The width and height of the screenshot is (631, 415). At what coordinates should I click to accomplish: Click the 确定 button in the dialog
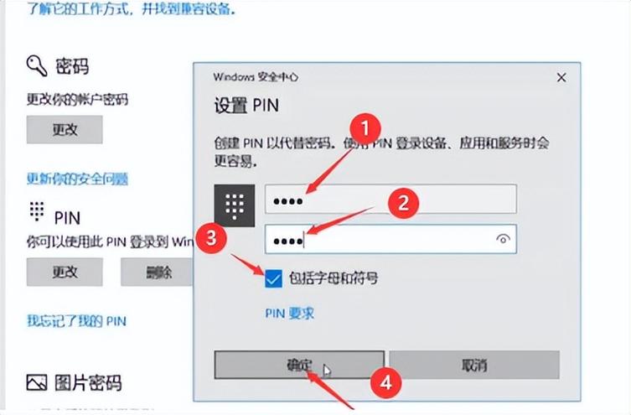click(298, 366)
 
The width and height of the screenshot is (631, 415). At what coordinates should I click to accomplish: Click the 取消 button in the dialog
click(473, 366)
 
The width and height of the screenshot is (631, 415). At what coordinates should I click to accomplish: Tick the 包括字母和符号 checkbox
click(273, 278)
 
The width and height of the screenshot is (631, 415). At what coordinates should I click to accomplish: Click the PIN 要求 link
click(289, 313)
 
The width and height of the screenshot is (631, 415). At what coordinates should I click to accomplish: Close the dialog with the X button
click(561, 76)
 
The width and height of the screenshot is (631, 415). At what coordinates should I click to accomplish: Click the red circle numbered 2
click(402, 202)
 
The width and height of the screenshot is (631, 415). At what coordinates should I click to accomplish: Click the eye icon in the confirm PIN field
click(503, 239)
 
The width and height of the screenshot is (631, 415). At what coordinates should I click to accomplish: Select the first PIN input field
click(390, 200)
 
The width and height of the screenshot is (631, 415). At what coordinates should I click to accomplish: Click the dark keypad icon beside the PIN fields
click(235, 204)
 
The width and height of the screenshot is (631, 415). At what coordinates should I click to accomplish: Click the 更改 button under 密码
click(65, 130)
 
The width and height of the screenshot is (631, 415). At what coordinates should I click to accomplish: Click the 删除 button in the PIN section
click(158, 272)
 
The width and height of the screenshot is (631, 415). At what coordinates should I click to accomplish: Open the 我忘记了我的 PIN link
click(76, 320)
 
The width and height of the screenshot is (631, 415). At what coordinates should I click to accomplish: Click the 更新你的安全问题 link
click(77, 179)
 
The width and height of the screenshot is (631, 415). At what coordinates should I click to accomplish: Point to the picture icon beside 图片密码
click(36, 383)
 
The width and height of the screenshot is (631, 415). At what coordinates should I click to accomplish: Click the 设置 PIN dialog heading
click(246, 106)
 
